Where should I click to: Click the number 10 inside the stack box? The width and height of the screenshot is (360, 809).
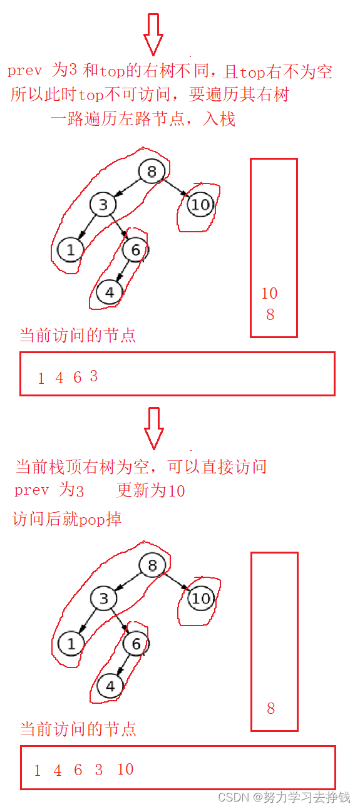point(269,293)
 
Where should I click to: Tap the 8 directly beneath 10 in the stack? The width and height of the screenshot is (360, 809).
point(270,314)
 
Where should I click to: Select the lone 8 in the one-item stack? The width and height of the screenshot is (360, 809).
point(271,708)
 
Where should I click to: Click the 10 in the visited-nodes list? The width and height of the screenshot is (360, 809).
point(125,770)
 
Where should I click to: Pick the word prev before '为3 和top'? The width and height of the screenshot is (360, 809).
point(24,70)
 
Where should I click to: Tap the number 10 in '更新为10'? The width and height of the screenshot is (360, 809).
point(177,491)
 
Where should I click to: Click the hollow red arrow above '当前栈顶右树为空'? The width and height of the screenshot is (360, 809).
point(154,428)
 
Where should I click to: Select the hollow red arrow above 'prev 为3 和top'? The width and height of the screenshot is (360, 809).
point(153,34)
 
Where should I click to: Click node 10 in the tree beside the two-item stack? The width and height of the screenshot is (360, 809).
point(201,205)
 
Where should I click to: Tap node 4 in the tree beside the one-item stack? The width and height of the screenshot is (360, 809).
point(110,686)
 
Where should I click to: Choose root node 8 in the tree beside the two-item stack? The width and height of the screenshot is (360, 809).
point(152,171)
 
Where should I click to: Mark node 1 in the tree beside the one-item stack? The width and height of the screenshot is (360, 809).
point(71,644)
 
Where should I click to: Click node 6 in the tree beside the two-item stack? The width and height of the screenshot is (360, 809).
point(135,250)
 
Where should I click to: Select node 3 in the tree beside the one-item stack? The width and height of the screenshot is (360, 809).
point(104,599)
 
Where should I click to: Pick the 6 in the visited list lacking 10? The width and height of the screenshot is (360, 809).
point(77,378)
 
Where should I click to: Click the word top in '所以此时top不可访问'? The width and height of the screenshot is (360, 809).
point(91,95)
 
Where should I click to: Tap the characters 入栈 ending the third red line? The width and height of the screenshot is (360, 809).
point(219,118)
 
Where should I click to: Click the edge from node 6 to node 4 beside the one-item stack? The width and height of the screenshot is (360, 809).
point(124,665)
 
